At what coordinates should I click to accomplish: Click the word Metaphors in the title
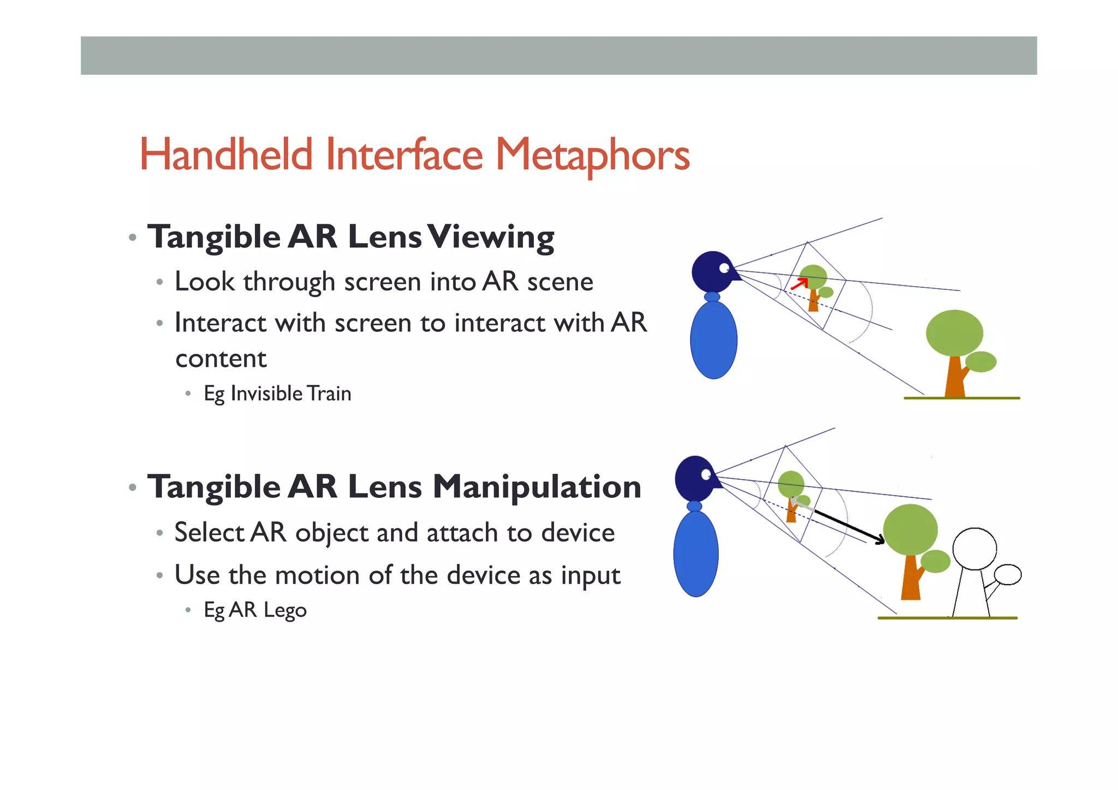pos(592,156)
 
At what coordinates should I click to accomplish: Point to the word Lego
pos(285,610)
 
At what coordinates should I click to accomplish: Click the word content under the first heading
pos(221,359)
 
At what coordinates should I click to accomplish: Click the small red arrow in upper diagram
pos(800,283)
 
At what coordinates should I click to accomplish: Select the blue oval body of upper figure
pos(713,340)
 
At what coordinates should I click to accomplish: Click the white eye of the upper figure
pos(724,268)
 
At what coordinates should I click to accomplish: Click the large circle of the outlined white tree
pos(974,549)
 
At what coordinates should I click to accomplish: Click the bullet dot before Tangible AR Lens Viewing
pos(132,238)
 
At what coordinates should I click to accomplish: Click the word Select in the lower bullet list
pos(209,533)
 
